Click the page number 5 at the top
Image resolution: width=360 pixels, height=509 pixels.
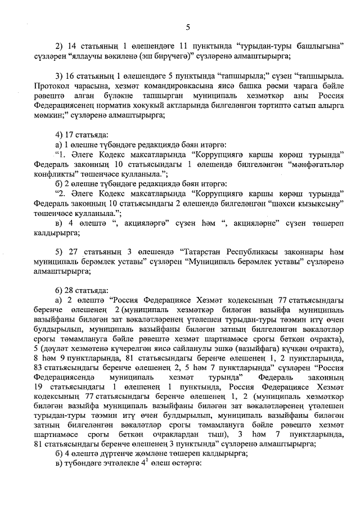coord(188,27)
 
